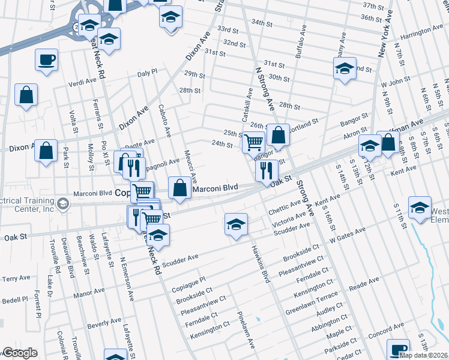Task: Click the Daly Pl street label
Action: pyautogui.click(x=147, y=72)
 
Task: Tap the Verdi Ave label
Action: pyautogui.click(x=83, y=82)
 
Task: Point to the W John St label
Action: pyautogui.click(x=396, y=79)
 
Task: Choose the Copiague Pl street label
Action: pyautogui.click(x=189, y=280)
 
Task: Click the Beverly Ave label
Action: pyautogui.click(x=100, y=325)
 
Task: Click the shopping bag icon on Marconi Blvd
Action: pyautogui.click(x=180, y=188)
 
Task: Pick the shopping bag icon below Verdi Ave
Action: pyautogui.click(x=26, y=95)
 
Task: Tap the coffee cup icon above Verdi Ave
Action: pyautogui.click(x=46, y=60)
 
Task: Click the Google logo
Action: pyautogui.click(x=20, y=353)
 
